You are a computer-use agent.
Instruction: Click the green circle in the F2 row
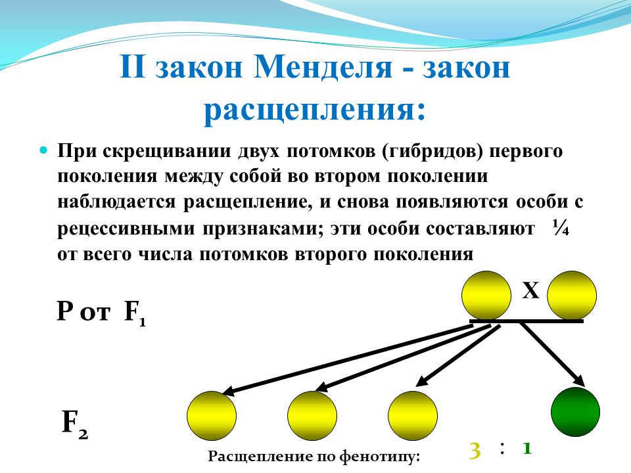point(575,412)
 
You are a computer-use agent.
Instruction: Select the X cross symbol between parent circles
point(530,290)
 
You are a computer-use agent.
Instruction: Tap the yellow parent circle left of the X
point(486,296)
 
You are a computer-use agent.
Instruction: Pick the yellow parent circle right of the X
point(572,296)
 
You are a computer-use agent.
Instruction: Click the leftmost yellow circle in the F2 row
point(212,416)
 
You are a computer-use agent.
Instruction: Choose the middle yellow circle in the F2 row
point(312,416)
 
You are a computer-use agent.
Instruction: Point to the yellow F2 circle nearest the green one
point(413,416)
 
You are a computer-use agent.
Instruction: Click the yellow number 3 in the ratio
point(475,451)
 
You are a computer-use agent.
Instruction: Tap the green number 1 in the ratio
point(527,448)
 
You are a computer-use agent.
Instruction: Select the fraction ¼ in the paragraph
point(561,228)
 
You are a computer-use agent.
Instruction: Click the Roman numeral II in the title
point(132,66)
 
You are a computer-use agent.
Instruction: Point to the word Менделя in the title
point(323,67)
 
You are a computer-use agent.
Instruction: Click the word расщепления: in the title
point(315,110)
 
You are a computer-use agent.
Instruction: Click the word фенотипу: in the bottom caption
point(379,457)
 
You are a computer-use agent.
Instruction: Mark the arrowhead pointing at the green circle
point(578,380)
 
